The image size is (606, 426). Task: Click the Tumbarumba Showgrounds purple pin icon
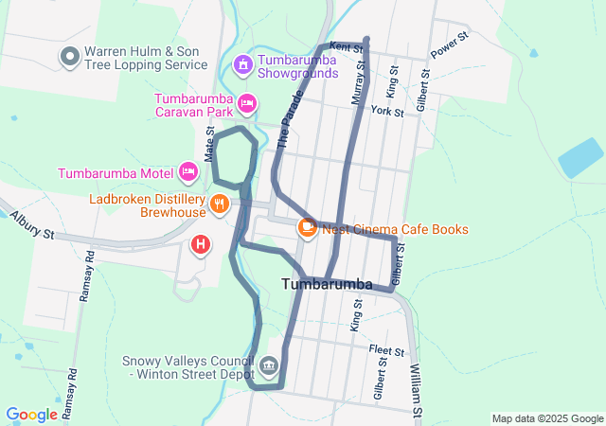tap(243, 64)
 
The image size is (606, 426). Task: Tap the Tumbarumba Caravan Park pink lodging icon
tap(247, 102)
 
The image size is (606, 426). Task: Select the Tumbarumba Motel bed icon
tap(187, 172)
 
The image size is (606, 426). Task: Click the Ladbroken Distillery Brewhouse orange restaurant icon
tap(220, 203)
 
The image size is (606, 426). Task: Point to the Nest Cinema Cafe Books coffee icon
tap(307, 227)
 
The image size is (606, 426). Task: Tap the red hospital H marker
tap(201, 245)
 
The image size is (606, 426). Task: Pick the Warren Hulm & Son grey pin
tap(69, 57)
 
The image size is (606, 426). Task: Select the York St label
tap(387, 112)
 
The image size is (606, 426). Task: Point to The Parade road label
tap(290, 120)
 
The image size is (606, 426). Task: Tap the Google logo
tap(31, 415)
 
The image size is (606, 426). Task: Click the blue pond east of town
tap(579, 158)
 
